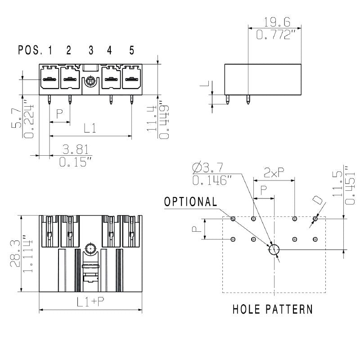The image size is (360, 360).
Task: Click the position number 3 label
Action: (x=91, y=50)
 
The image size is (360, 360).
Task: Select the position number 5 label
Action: (x=131, y=50)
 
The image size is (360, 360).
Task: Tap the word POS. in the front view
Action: (x=30, y=50)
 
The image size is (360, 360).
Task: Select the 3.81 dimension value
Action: (x=75, y=149)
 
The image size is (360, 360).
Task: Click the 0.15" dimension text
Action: (x=76, y=162)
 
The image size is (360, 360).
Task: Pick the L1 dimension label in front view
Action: (x=90, y=129)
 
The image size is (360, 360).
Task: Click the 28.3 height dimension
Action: (x=15, y=253)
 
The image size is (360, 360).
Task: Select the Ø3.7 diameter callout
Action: (x=207, y=168)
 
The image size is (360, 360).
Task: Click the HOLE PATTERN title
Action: (x=273, y=309)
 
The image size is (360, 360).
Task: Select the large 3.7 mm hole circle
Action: (x=274, y=250)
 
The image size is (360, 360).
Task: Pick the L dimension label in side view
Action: (x=204, y=84)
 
